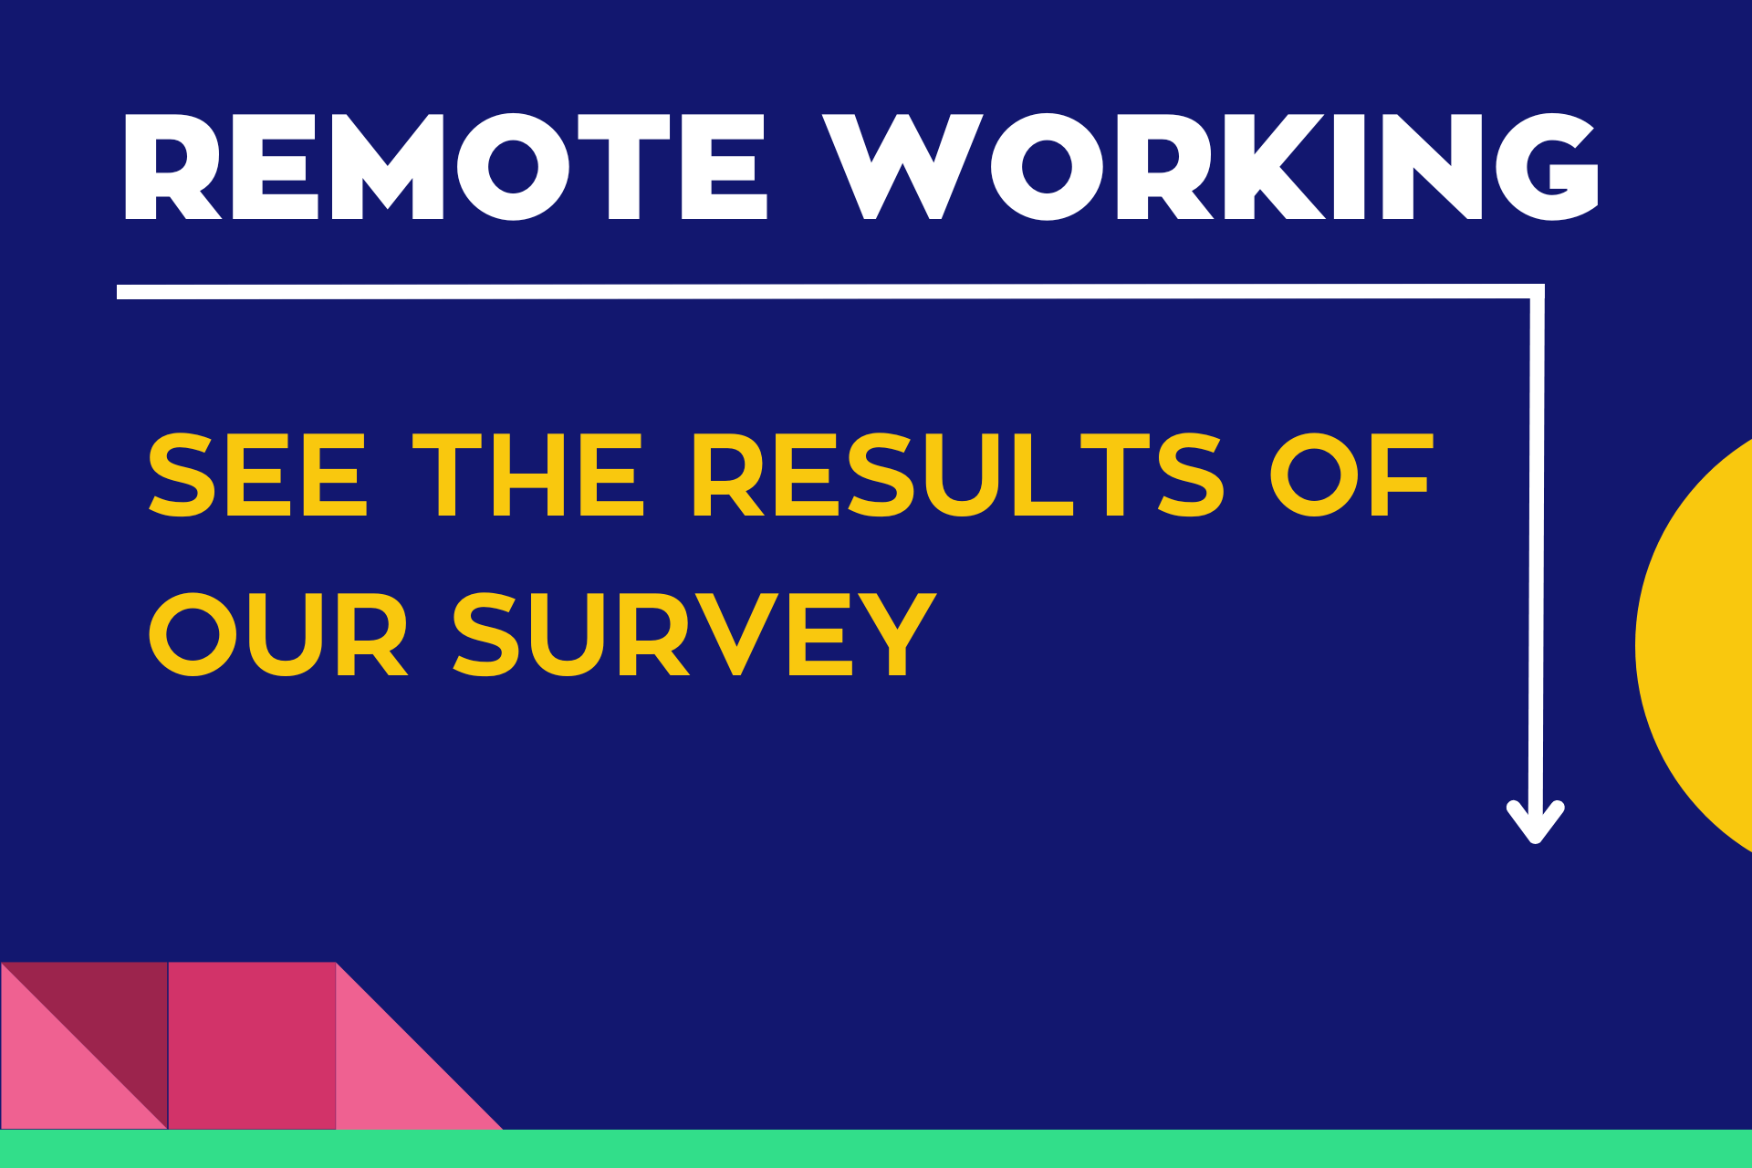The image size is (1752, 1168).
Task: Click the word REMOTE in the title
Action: pyautogui.click(x=444, y=167)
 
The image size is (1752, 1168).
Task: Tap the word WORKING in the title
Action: pyautogui.click(x=1210, y=167)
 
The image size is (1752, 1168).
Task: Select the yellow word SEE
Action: pyautogui.click(x=257, y=475)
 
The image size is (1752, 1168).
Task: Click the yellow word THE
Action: pyautogui.click(x=528, y=475)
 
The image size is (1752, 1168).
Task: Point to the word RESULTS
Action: pyautogui.click(x=957, y=475)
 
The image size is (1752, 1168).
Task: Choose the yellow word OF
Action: pyautogui.click(x=1351, y=475)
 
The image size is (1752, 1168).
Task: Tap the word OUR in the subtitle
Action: pyautogui.click(x=277, y=634)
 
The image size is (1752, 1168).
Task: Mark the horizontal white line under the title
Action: pyautogui.click(x=821, y=292)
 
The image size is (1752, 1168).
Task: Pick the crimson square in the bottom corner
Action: pyautogui.click(x=252, y=1046)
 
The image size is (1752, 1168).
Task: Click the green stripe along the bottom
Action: pyautogui.click(x=876, y=1149)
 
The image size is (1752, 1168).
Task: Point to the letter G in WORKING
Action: pyautogui.click(x=1548, y=167)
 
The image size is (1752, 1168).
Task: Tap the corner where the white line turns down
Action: pyautogui.click(x=1537, y=292)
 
